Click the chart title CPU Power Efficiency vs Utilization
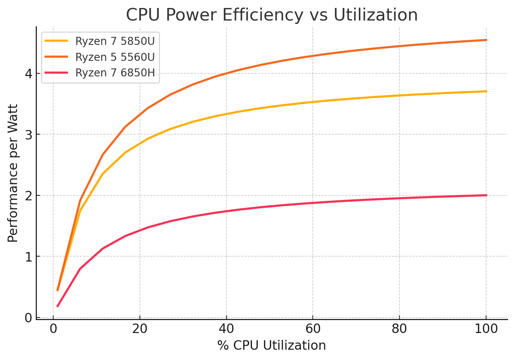272,15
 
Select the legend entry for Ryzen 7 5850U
115,41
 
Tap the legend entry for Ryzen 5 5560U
115,57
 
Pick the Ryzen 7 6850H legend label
115,73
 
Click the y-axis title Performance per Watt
13,173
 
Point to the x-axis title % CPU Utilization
272,345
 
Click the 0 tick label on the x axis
53,328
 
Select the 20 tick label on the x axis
140,328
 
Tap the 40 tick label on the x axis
226,328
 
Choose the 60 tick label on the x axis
313,328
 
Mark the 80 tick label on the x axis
399,328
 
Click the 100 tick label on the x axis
486,328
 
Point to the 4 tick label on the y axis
29,74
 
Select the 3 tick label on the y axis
29,135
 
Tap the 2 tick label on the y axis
29,196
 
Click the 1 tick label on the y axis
29,257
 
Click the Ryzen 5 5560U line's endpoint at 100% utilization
486,40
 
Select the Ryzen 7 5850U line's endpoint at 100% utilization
486,91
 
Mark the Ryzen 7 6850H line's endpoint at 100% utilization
486,195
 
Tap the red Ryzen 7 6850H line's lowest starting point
57,306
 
